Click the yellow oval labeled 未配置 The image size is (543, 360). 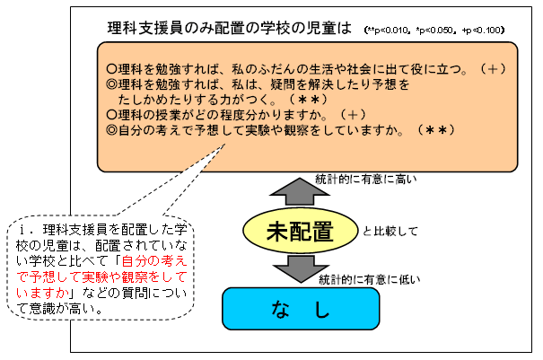tap(300, 231)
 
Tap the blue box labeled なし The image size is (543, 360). tap(301, 308)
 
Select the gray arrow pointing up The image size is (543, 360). tap(300, 191)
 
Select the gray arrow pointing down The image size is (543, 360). tap(301, 268)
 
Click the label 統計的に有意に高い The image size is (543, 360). tap(365, 180)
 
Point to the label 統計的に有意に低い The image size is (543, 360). tap(369, 279)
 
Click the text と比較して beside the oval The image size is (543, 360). tap(390, 231)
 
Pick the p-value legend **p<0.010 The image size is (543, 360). tap(387, 31)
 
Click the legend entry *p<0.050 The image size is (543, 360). tap(435, 31)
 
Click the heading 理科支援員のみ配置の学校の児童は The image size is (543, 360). tap(229, 28)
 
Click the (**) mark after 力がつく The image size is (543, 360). tap(308, 100)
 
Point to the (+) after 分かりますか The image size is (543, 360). tap(353, 115)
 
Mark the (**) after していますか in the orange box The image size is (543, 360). tap(435, 130)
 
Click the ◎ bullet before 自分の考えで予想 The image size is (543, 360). tap(111, 130)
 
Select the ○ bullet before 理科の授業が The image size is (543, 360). tap(111, 115)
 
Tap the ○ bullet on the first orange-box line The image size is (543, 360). tap(111, 69)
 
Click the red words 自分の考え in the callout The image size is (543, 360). tap(154, 261)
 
